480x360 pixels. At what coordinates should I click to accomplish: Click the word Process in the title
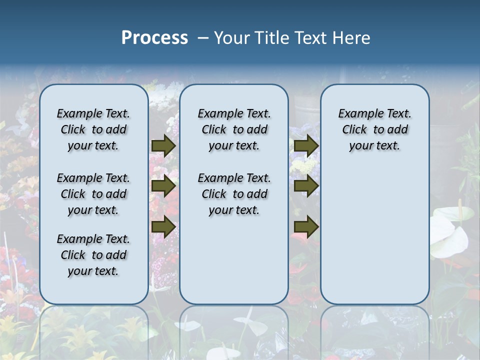coord(154,38)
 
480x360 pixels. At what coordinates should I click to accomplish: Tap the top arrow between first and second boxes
coord(163,145)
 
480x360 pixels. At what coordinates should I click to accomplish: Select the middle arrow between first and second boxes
coord(163,186)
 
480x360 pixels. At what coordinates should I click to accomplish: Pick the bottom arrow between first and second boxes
coord(163,226)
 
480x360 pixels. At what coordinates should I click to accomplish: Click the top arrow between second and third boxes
coord(306,145)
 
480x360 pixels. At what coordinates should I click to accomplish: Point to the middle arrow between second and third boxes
coord(306,186)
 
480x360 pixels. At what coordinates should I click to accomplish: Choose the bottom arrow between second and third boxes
coord(306,226)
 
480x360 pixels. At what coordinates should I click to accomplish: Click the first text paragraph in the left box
coord(93,129)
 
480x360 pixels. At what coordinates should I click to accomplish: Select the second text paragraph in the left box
coord(93,194)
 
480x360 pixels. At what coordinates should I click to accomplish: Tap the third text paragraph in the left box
coord(93,255)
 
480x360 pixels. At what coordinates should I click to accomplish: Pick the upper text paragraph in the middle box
coord(234,129)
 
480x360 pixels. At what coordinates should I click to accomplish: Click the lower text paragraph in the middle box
coord(234,194)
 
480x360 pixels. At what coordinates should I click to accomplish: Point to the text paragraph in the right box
coord(374,129)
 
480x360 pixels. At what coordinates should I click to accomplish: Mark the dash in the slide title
coord(203,38)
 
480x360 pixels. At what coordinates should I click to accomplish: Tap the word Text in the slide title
coord(312,38)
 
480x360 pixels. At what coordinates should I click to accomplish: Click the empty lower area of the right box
coord(374,235)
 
